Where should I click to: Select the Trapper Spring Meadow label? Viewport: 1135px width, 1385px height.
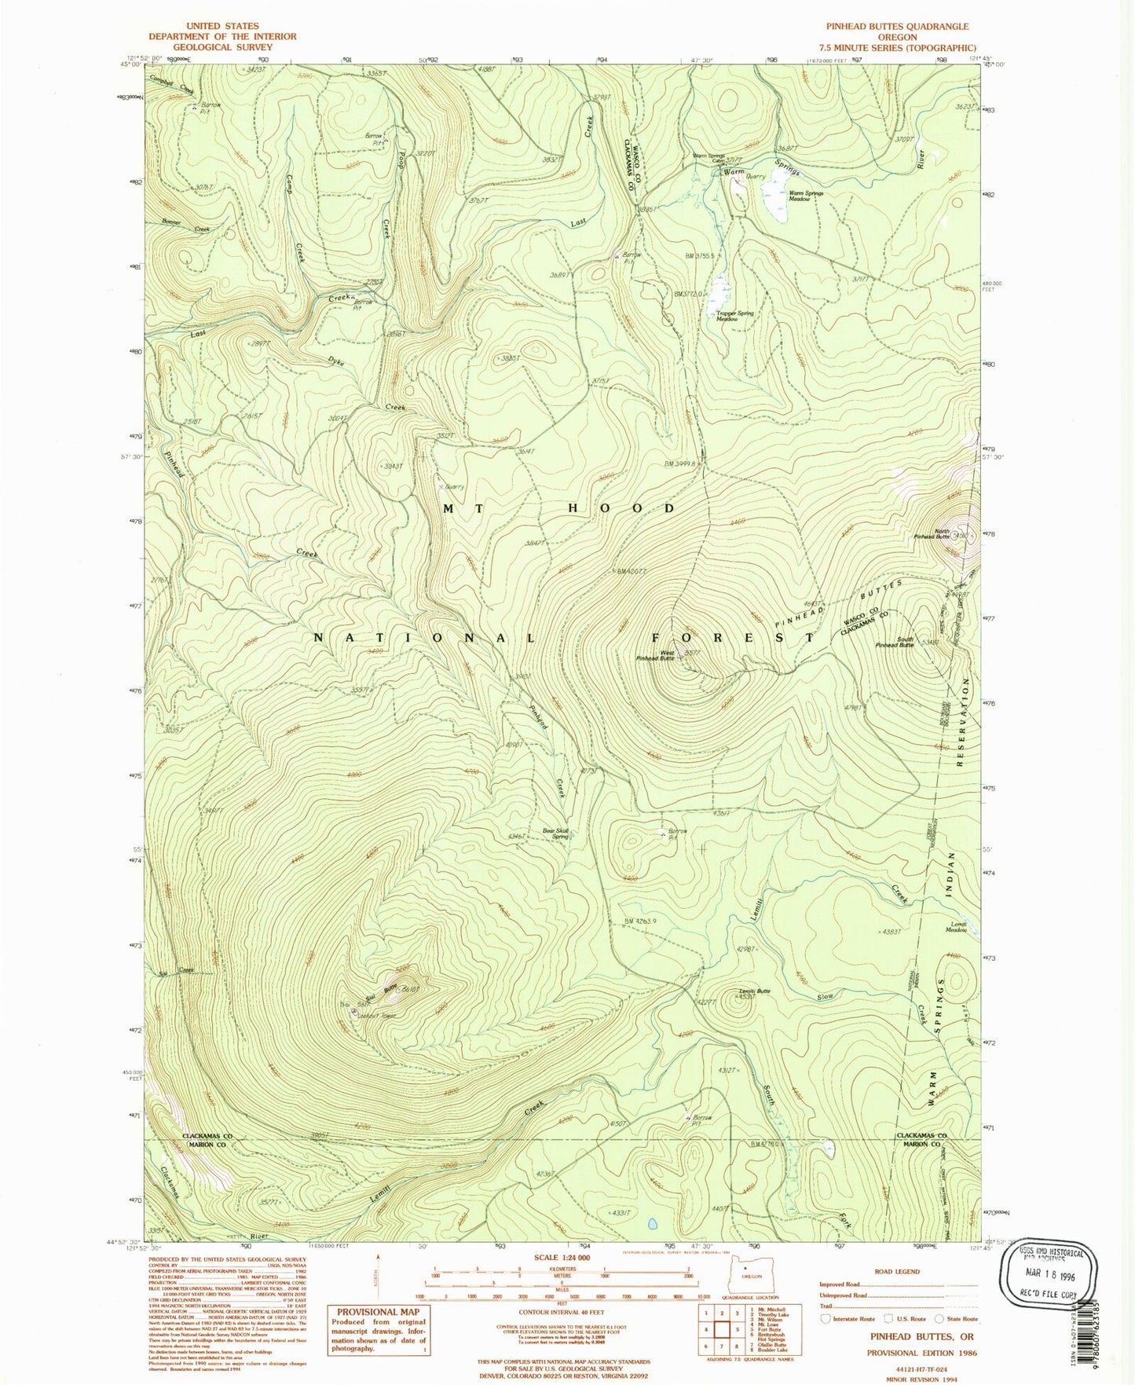pyautogui.click(x=734, y=316)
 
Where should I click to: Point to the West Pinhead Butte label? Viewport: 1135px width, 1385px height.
pyautogui.click(x=656, y=655)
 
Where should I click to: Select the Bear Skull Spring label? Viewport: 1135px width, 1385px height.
pyautogui.click(x=555, y=834)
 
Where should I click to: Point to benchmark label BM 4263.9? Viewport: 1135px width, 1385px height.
pyautogui.click(x=640, y=922)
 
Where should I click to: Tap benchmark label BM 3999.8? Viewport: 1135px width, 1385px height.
pyautogui.click(x=679, y=463)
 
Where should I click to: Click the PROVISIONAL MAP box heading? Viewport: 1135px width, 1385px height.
pyautogui.click(x=378, y=1312)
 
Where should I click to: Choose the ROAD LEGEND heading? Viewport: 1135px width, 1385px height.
pyautogui.click(x=897, y=1271)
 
